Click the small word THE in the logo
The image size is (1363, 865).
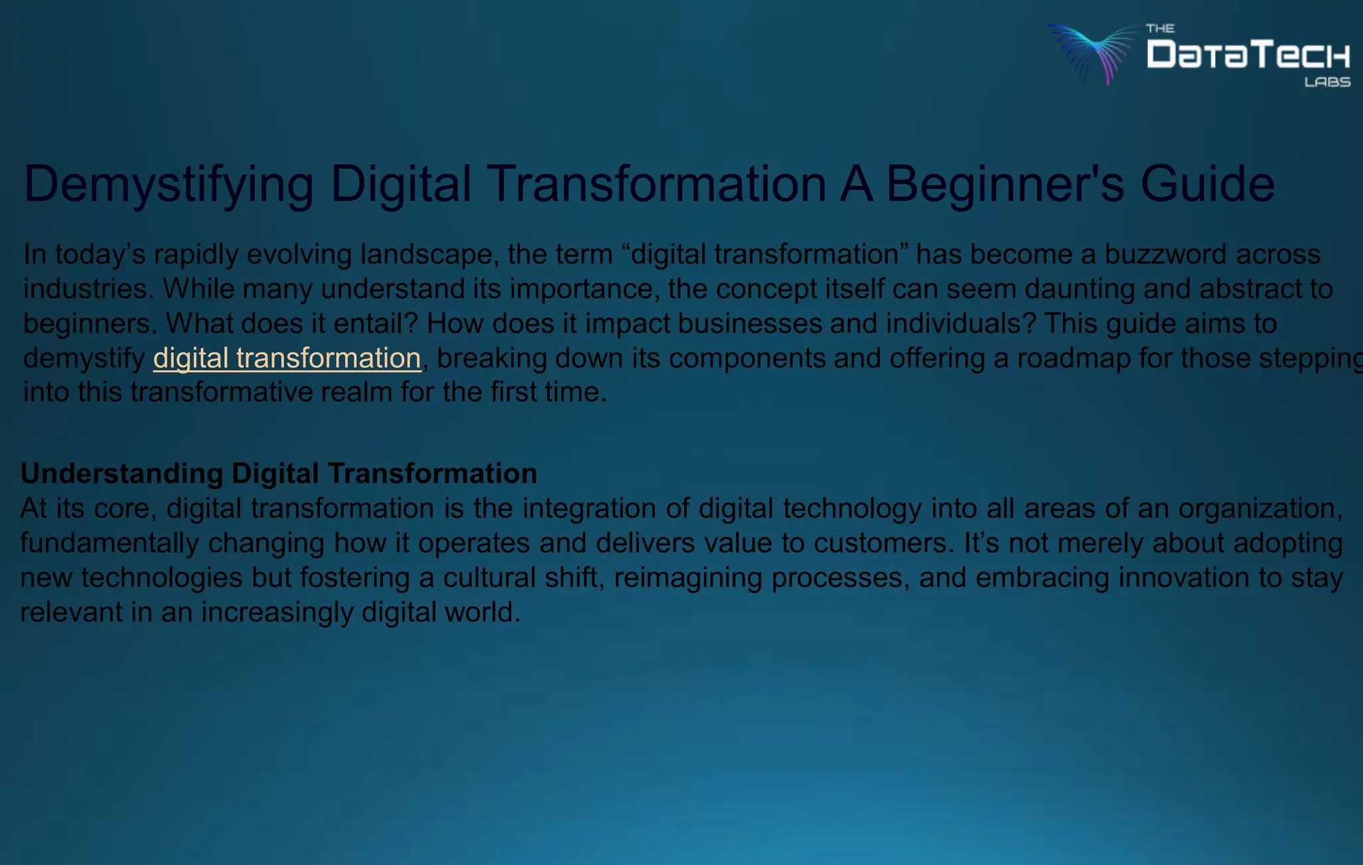pos(1160,29)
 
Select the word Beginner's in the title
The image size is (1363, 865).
pos(1005,184)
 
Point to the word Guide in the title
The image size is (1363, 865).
pos(1207,184)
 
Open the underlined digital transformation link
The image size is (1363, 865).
pos(287,358)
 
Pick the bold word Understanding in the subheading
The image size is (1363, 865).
pos(122,474)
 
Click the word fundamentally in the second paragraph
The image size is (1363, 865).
pos(109,543)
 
